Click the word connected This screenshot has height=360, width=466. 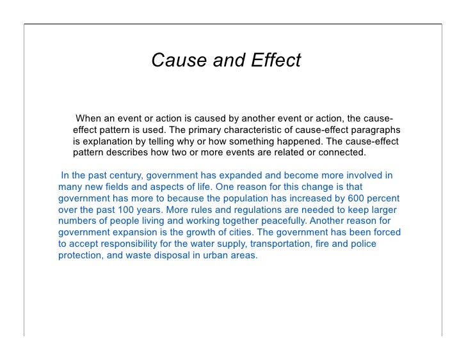341,153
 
